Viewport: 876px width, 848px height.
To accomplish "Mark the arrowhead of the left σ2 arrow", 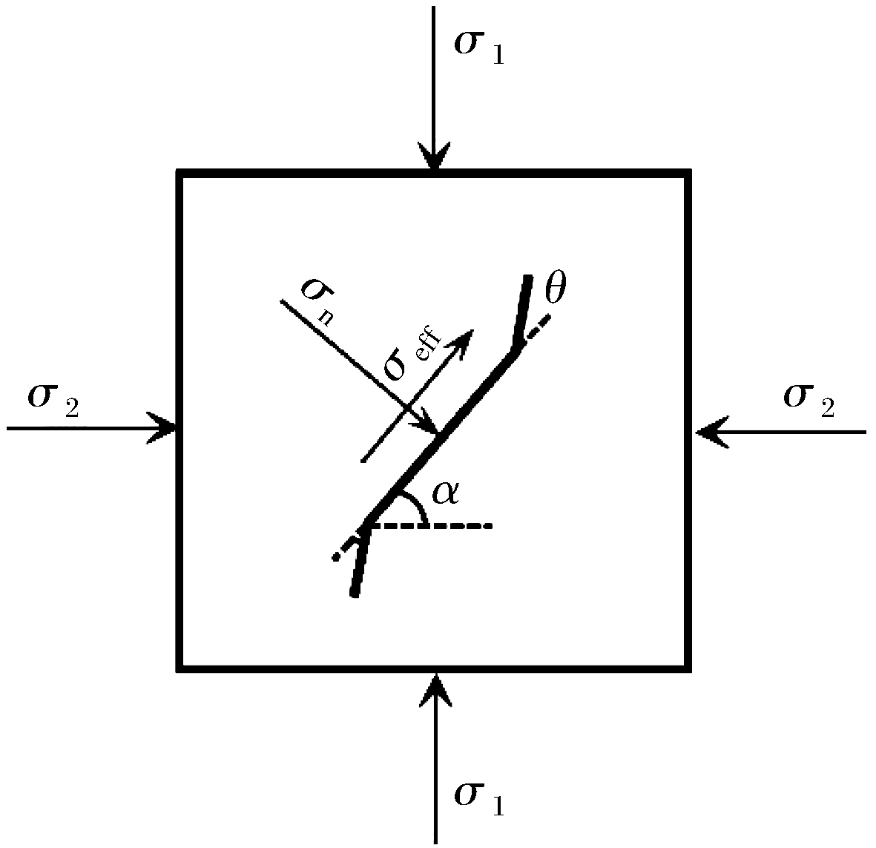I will coord(164,429).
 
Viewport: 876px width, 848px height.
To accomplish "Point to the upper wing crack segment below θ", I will coord(521,312).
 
